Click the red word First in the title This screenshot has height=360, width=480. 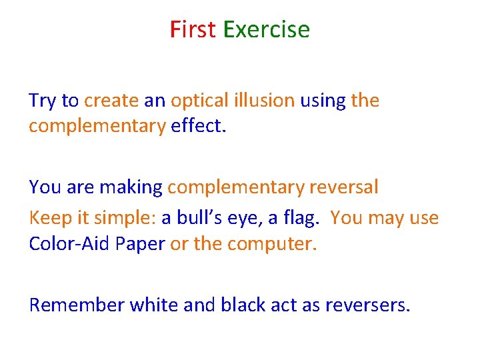[193, 30]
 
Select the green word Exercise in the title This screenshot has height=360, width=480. [266, 30]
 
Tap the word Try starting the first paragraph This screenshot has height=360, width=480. [42, 101]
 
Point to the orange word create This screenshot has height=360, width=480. [112, 101]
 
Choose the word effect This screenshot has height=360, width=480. [199, 126]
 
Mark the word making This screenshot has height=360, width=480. [131, 188]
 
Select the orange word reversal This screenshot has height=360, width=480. [343, 187]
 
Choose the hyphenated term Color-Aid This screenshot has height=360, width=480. [67, 244]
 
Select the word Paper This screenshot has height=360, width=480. [139, 244]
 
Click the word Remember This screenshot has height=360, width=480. [77, 305]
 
